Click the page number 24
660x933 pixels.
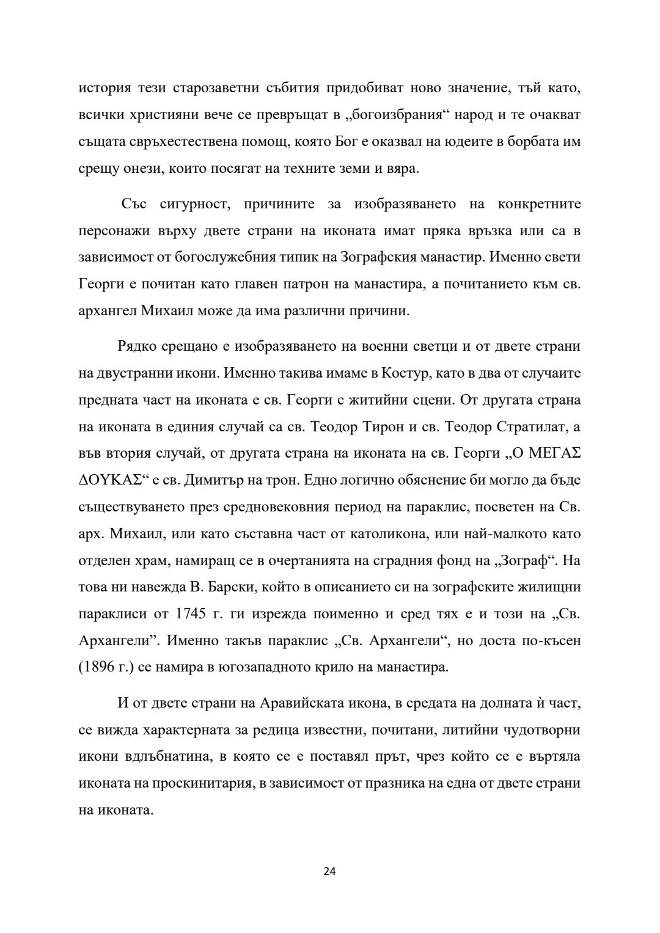[329, 871]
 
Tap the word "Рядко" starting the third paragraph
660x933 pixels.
[137, 346]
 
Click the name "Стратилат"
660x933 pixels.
[527, 427]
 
